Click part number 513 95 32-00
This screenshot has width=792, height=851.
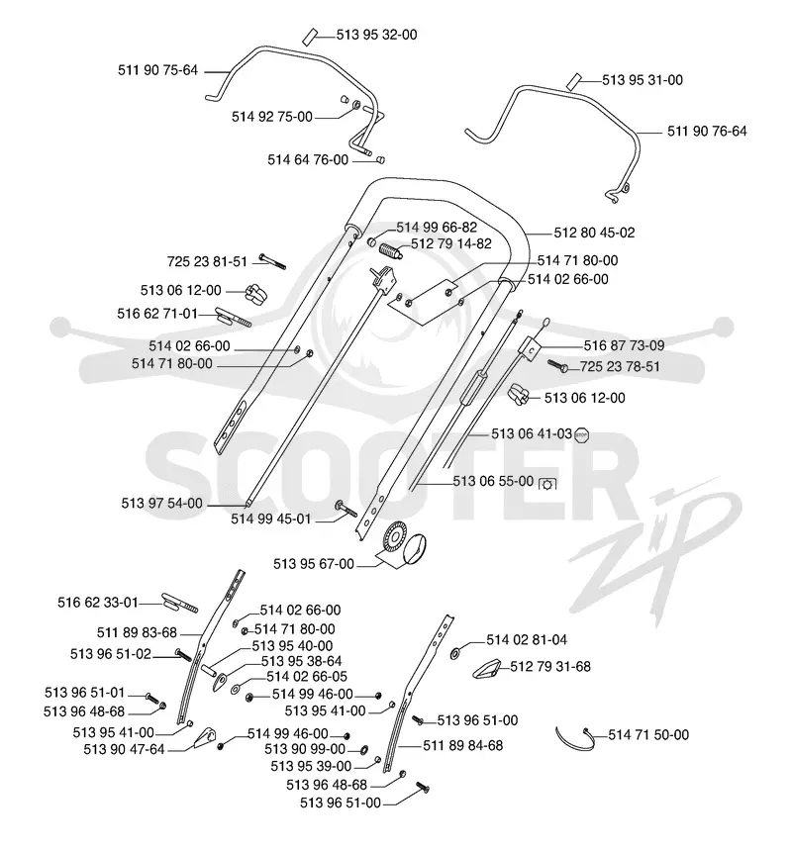tap(377, 35)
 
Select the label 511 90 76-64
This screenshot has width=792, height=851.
tap(707, 132)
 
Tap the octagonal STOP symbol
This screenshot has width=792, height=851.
tap(582, 434)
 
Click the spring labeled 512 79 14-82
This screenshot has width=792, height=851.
tap(391, 251)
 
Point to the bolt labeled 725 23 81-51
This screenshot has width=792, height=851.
tap(272, 261)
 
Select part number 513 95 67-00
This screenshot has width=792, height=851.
tap(314, 564)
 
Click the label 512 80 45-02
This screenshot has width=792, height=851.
tap(594, 233)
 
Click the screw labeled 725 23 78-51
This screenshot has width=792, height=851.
tap(557, 366)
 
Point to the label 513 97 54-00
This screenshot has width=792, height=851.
tap(161, 504)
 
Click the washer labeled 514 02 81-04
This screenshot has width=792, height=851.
tap(454, 653)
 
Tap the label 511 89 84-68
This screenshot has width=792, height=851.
tap(463, 746)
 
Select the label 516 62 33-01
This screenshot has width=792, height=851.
tap(98, 603)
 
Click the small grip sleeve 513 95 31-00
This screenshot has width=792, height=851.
tap(574, 81)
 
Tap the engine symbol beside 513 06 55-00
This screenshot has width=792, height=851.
tap(547, 483)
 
